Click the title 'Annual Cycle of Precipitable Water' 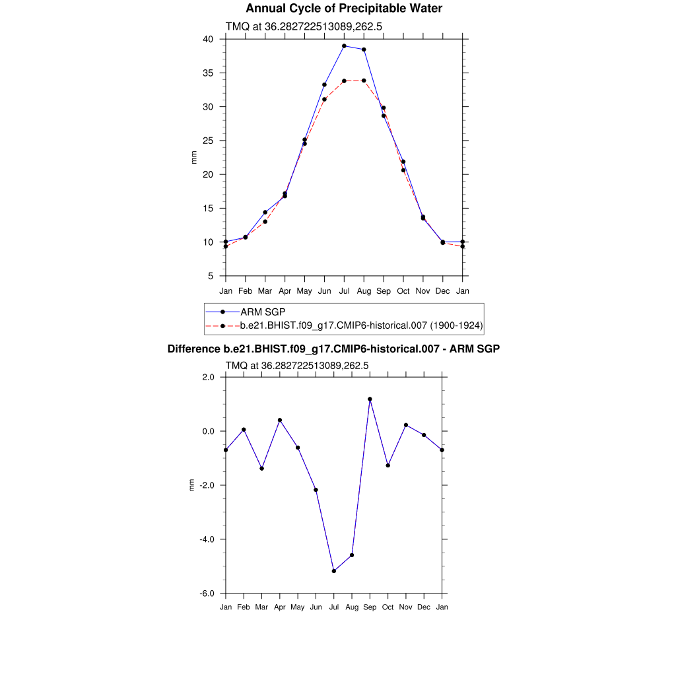(344, 9)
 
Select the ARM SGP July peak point (344, 46)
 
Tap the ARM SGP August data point (364, 50)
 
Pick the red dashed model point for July (344, 81)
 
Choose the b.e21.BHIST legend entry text (362, 325)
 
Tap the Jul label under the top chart (344, 291)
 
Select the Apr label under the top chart (285, 291)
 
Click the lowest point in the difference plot (334, 571)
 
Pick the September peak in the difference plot (370, 399)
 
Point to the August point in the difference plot (352, 555)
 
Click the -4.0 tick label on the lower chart (209, 539)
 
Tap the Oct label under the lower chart (388, 607)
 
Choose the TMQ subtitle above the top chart (304, 27)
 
